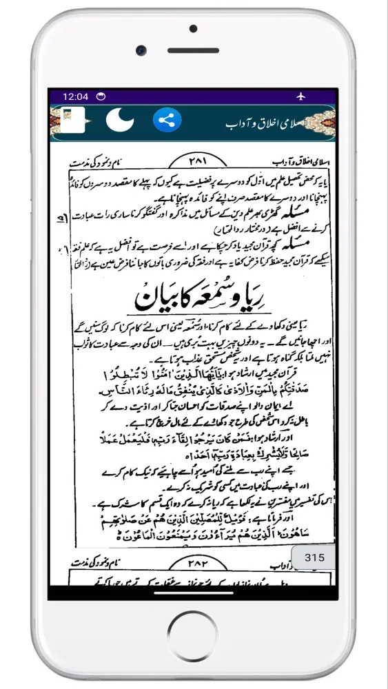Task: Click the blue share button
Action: coord(166,121)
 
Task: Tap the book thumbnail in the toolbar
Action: coord(72,121)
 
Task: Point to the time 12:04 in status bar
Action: coord(76,96)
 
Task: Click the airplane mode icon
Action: coord(301,96)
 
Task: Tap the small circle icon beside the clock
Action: coord(101,96)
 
